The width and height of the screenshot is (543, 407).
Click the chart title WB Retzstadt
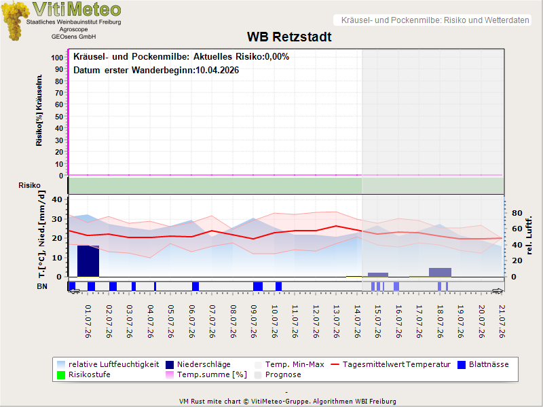tap(289, 37)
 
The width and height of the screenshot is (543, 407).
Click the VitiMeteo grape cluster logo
tap(15, 21)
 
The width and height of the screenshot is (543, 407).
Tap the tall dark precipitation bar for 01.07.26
tap(88, 261)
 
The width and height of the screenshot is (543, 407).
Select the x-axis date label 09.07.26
tap(254, 322)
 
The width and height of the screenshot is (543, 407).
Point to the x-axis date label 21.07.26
tap(502, 322)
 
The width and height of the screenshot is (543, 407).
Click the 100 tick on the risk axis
tap(57, 58)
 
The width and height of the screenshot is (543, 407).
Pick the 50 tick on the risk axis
tap(59, 117)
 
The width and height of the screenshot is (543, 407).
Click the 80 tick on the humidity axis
tap(517, 213)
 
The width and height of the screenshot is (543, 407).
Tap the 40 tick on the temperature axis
tap(57, 199)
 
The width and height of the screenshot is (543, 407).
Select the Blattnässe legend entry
tap(483, 364)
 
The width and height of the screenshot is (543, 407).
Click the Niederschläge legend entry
tap(198, 364)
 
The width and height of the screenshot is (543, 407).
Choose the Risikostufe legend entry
tap(83, 374)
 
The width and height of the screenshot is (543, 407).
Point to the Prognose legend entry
tap(278, 374)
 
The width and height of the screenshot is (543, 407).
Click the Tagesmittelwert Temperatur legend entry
tap(391, 364)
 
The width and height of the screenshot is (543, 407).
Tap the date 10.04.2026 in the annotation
tap(217, 71)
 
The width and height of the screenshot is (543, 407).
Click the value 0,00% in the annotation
tap(277, 57)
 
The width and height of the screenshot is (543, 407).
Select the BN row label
tap(42, 286)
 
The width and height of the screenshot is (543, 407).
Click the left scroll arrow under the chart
tap(74, 292)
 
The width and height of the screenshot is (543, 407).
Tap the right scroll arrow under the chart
tap(498, 292)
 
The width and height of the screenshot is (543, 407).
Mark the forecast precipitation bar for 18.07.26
tap(440, 273)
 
